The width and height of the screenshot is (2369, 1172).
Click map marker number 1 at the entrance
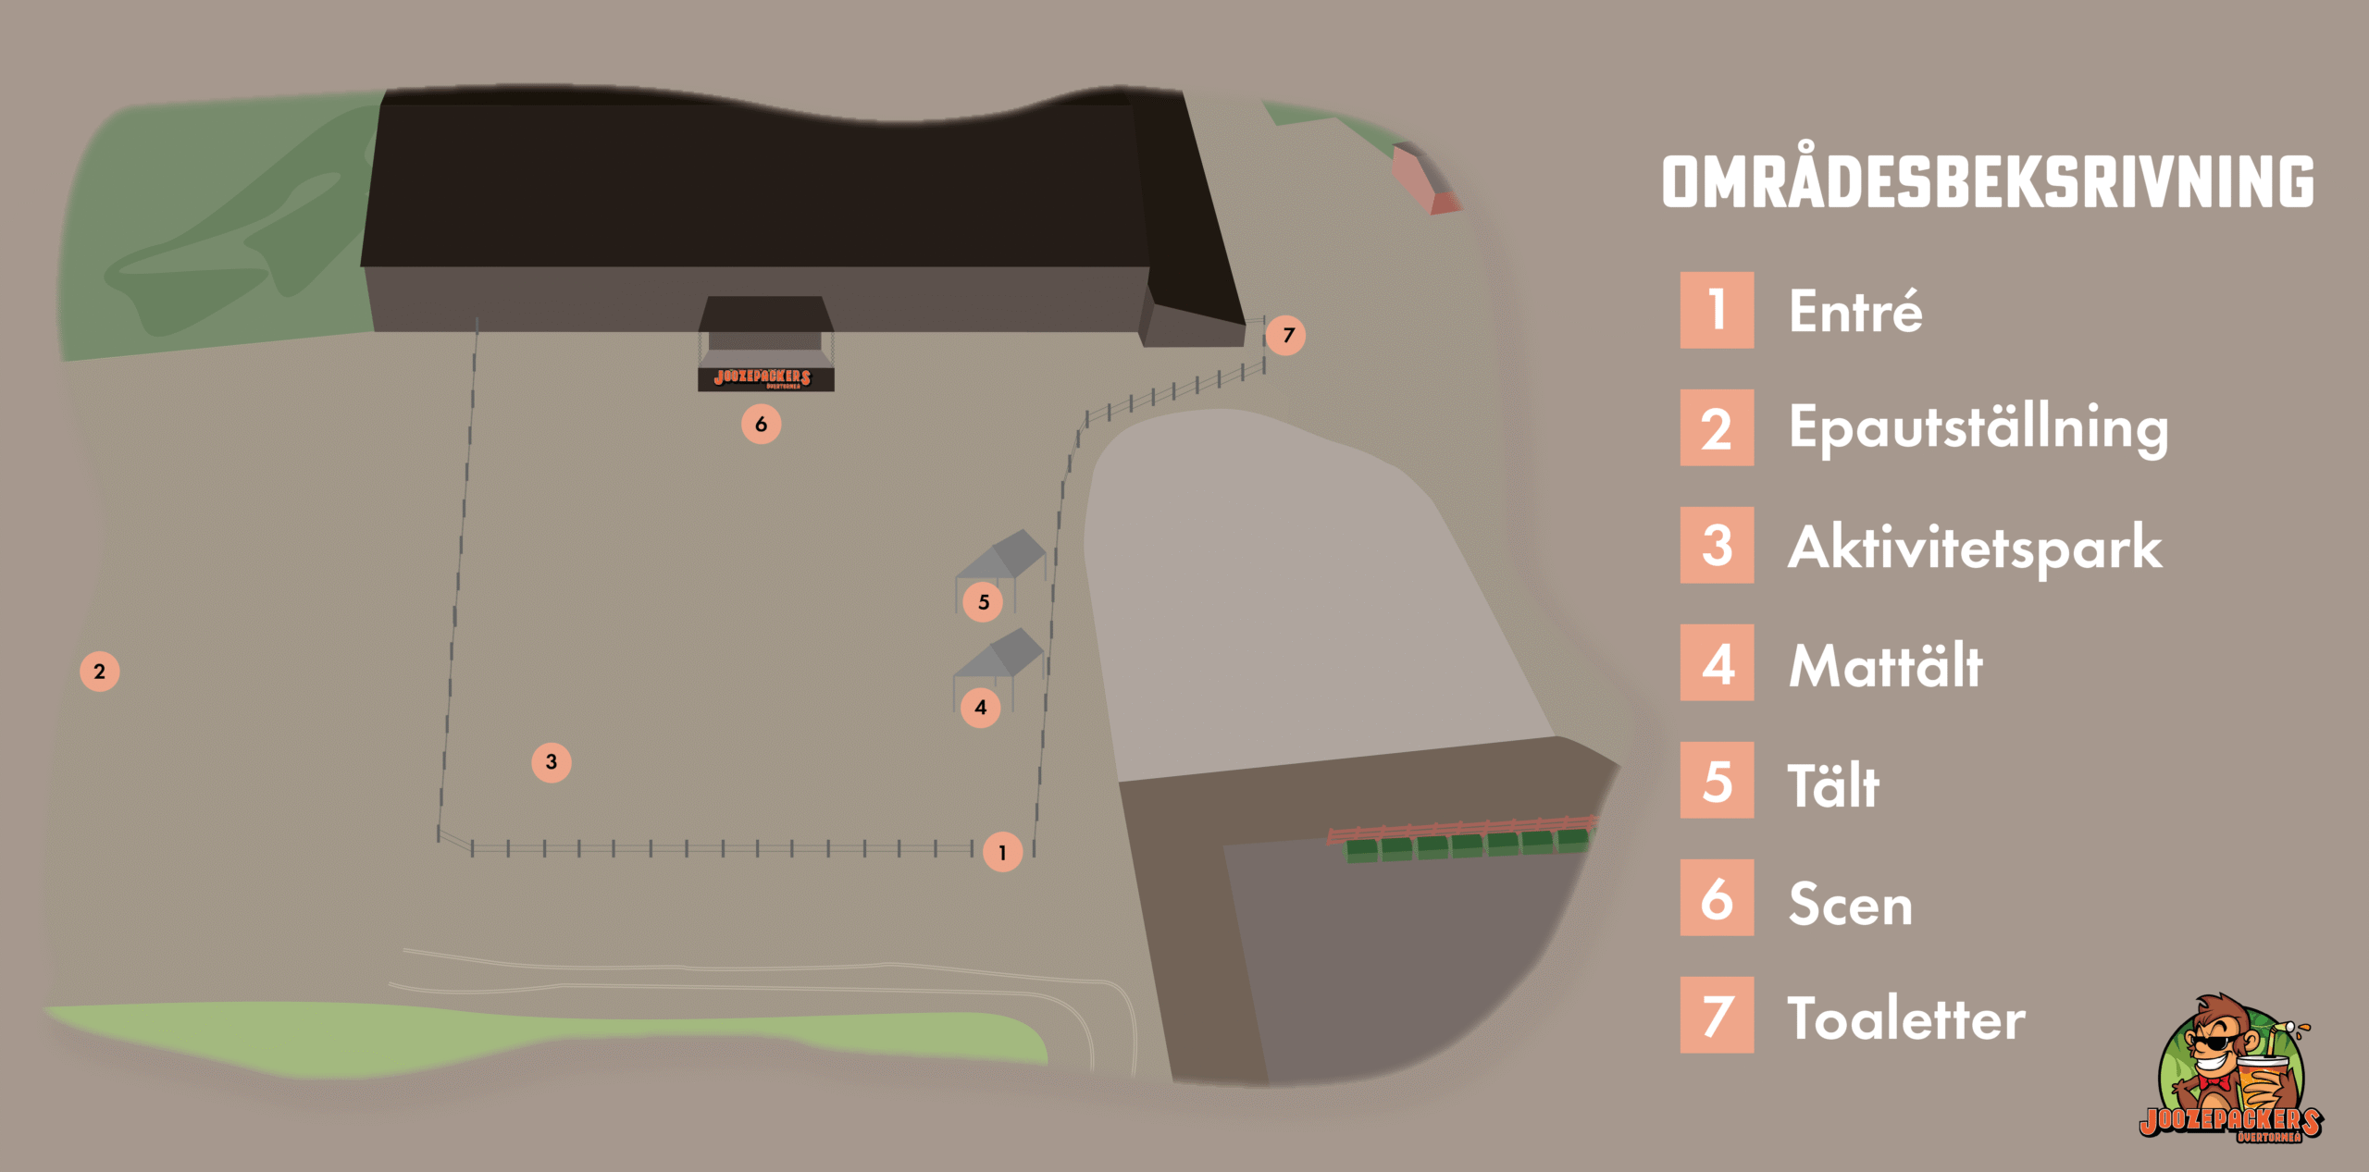[x=1002, y=852]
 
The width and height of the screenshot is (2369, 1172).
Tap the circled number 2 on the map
[x=99, y=672]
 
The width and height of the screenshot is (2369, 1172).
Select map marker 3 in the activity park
[x=551, y=762]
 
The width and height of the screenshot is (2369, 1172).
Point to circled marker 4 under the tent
[x=981, y=708]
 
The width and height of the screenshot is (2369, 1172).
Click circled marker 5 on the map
[x=983, y=602]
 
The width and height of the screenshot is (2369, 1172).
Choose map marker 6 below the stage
[x=761, y=424]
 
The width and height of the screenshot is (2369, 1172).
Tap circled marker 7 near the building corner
[x=1286, y=335]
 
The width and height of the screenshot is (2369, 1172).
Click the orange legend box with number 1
[x=1717, y=310]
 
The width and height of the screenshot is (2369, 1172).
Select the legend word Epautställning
[x=1978, y=429]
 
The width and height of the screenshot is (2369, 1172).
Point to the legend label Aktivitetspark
[x=1976, y=549]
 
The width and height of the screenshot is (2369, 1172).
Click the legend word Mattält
[x=1886, y=665]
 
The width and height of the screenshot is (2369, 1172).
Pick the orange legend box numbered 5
[x=1717, y=780]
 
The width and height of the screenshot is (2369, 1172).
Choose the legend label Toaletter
[x=1906, y=1018]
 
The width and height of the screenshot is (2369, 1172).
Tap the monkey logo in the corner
[x=2231, y=1068]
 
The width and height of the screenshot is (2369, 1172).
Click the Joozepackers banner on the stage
[x=765, y=378]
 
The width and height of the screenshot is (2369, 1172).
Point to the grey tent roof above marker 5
[x=1001, y=554]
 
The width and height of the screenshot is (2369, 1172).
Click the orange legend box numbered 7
[x=1717, y=1015]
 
